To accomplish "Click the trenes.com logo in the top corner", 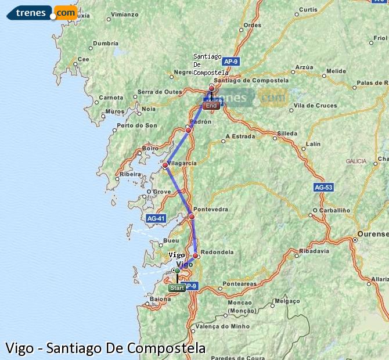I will [42, 12].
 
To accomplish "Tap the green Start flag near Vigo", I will [177, 287].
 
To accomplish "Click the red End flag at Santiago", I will [212, 105].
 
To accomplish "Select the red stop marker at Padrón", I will [188, 130].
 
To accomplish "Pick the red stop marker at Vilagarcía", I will [165, 165].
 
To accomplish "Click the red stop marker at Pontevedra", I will [192, 217].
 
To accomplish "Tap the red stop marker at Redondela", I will [196, 255].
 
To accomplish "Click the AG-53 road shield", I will [323, 188].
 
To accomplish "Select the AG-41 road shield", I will [156, 218].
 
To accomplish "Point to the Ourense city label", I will [373, 234].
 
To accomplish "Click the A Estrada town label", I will [240, 137].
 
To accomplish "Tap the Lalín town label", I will [313, 143].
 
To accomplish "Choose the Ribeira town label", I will [130, 174].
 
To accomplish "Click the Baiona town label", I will [160, 300].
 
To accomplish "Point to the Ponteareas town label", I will [239, 284].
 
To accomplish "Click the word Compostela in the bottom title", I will [156, 348].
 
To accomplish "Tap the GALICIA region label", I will [356, 161].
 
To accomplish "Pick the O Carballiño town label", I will [332, 210].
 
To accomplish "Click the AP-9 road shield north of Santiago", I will [230, 60].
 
